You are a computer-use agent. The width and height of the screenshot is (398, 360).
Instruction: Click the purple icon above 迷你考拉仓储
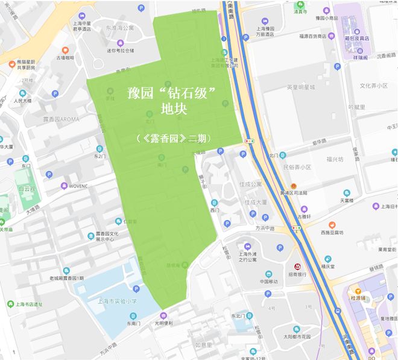coord(120,42)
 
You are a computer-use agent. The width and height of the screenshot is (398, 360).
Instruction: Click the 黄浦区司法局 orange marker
coord(294,185)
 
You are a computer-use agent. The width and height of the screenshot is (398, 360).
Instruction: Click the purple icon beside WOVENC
coord(65,186)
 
